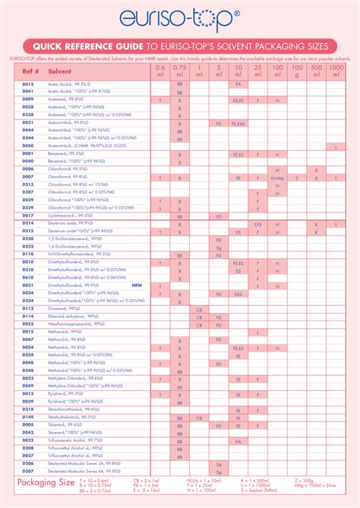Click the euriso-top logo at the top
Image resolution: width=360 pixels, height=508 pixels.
coord(179,17)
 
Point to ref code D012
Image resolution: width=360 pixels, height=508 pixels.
coord(28,84)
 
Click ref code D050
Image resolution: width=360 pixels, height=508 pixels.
coord(28,146)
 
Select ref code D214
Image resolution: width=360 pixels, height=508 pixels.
coord(28,224)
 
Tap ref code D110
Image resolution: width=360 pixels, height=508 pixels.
coord(28,254)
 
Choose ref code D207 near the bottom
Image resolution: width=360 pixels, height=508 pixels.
coord(28,471)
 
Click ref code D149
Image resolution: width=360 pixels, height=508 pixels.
coord(28,417)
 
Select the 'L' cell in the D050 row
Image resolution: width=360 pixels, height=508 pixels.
coord(336,146)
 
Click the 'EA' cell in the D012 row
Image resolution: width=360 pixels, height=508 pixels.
coord(238,84)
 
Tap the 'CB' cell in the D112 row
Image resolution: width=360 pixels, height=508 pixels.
coord(199,309)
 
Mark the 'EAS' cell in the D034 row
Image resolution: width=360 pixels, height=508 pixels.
coord(238,293)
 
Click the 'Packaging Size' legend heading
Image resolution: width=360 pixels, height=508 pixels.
coord(46,482)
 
